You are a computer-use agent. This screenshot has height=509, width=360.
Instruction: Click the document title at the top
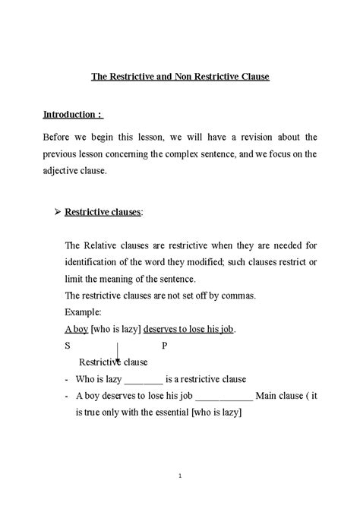180,77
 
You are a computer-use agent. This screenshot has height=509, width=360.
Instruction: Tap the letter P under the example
165,346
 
